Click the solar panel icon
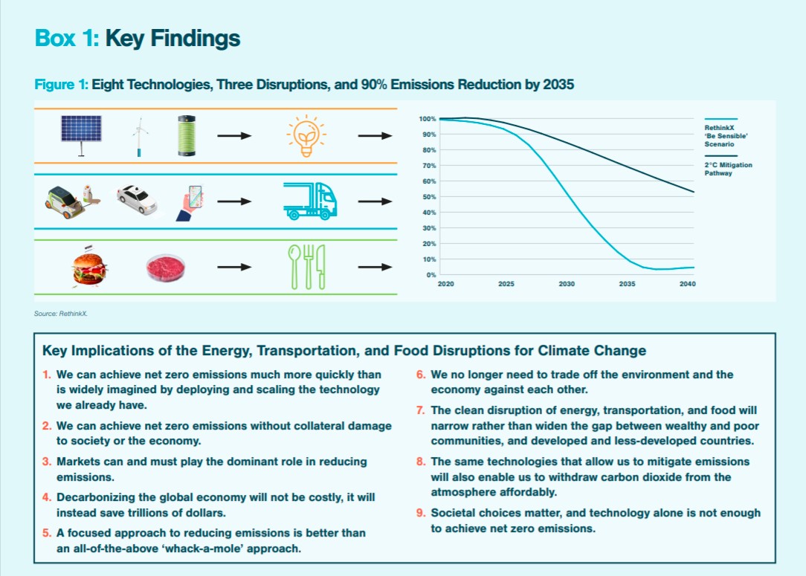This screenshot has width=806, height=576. [83, 135]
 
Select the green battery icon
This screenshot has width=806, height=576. [187, 135]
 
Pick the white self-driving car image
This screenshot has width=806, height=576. [137, 199]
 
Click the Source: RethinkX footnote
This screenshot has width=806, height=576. [61, 314]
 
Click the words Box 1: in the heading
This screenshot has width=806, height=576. [67, 39]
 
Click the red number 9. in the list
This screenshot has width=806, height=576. [421, 513]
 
